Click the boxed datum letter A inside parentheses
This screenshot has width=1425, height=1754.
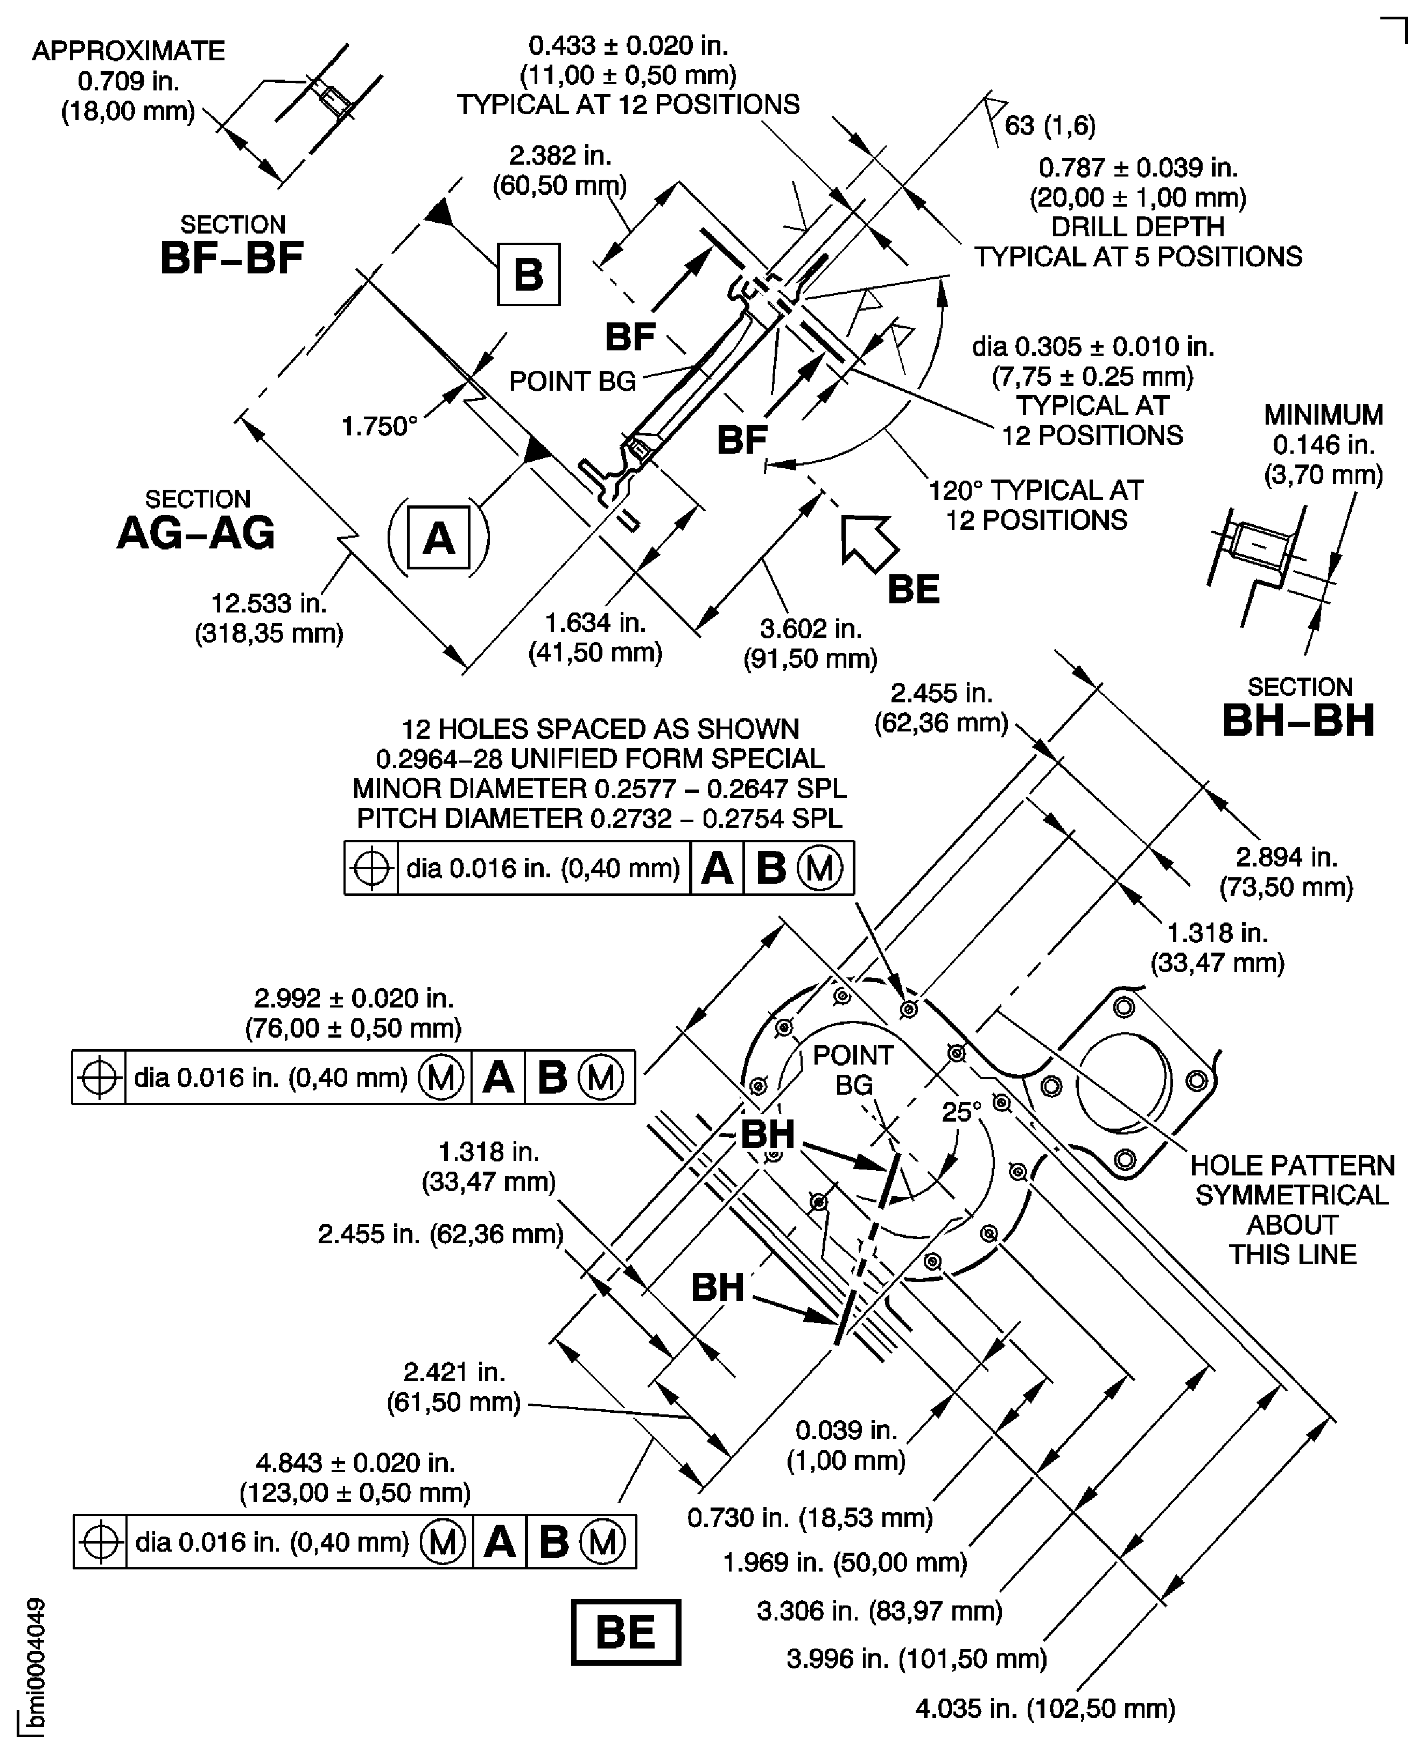(x=438, y=538)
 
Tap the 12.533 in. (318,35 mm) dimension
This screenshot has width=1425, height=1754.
(x=269, y=618)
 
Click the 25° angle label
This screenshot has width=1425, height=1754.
(x=961, y=1112)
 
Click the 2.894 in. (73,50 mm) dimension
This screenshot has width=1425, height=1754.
(x=1286, y=872)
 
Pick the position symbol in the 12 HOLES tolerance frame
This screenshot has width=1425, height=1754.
(x=371, y=868)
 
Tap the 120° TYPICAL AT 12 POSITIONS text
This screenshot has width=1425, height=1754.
(x=1035, y=505)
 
